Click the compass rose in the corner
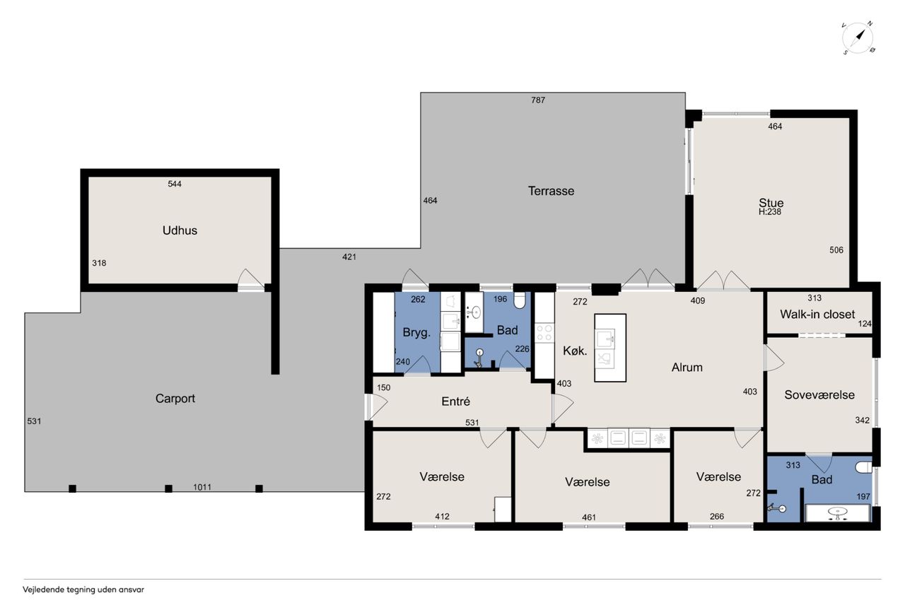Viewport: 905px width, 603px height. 858,38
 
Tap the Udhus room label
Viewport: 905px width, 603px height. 180,230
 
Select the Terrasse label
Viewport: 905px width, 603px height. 551,191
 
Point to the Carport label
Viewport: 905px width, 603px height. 175,399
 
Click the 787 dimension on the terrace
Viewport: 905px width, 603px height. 538,100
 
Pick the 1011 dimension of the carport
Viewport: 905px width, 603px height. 202,487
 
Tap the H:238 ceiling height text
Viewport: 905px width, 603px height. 770,212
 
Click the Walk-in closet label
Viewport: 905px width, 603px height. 817,314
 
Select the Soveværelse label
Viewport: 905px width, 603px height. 819,394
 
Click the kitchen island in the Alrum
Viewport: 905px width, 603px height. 610,348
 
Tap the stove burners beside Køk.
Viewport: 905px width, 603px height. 544,333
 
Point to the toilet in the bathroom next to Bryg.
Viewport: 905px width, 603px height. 520,300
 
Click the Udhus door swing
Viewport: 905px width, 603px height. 250,279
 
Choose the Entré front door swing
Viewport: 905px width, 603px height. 378,406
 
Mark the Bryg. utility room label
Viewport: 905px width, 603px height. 416,333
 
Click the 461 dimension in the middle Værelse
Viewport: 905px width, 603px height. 589,517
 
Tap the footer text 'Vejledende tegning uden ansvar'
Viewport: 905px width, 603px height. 83,590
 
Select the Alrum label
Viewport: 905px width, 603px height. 687,367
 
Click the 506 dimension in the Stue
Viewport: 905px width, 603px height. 836,250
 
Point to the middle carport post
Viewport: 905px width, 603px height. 168,488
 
